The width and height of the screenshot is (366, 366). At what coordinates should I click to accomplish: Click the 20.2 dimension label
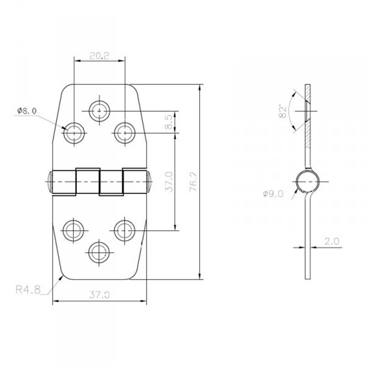coord(99,56)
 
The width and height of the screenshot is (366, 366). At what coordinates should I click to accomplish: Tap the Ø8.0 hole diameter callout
coord(27,111)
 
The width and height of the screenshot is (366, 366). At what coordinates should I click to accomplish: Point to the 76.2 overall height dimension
coord(193,182)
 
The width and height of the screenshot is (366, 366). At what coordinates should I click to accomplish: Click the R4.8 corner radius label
coord(28,290)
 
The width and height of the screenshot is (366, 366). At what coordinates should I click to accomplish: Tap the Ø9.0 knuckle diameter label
coord(273,194)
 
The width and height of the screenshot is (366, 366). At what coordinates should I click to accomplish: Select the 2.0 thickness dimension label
coord(332,241)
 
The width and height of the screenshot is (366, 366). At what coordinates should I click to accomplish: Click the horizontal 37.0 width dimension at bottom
coord(99,295)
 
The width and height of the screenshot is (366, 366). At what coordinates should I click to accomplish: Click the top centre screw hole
coord(99,111)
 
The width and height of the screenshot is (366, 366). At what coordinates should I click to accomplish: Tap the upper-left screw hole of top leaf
coord(74,133)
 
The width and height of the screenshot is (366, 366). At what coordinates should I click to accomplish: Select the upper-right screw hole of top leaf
coord(125,133)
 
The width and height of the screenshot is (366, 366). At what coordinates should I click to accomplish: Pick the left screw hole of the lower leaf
coord(74,231)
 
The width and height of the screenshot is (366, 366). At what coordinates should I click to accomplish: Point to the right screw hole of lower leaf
coord(125,231)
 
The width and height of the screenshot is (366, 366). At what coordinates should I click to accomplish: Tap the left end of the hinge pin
coord(50,182)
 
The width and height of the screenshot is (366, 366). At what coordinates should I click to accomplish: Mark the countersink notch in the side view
coord(307,111)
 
